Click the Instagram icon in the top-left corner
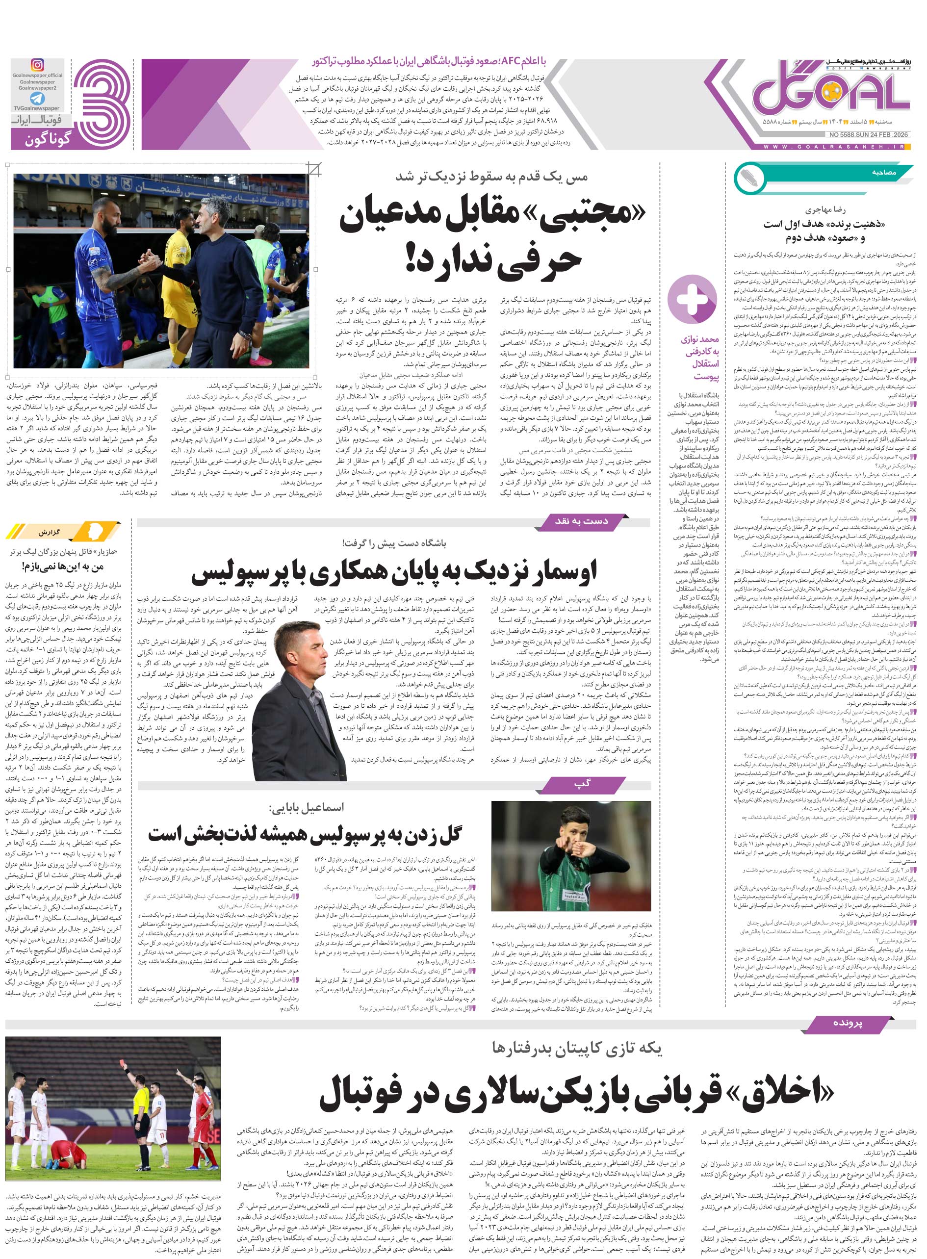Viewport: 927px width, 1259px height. point(37,65)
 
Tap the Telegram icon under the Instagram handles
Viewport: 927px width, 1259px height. point(37,99)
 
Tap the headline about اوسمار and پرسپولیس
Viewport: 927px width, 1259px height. point(393,573)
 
